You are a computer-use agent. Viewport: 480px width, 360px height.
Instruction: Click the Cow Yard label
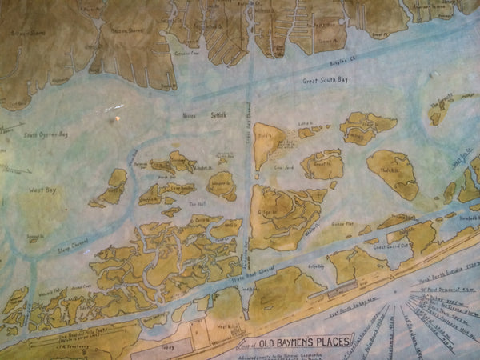tap(284, 169)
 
